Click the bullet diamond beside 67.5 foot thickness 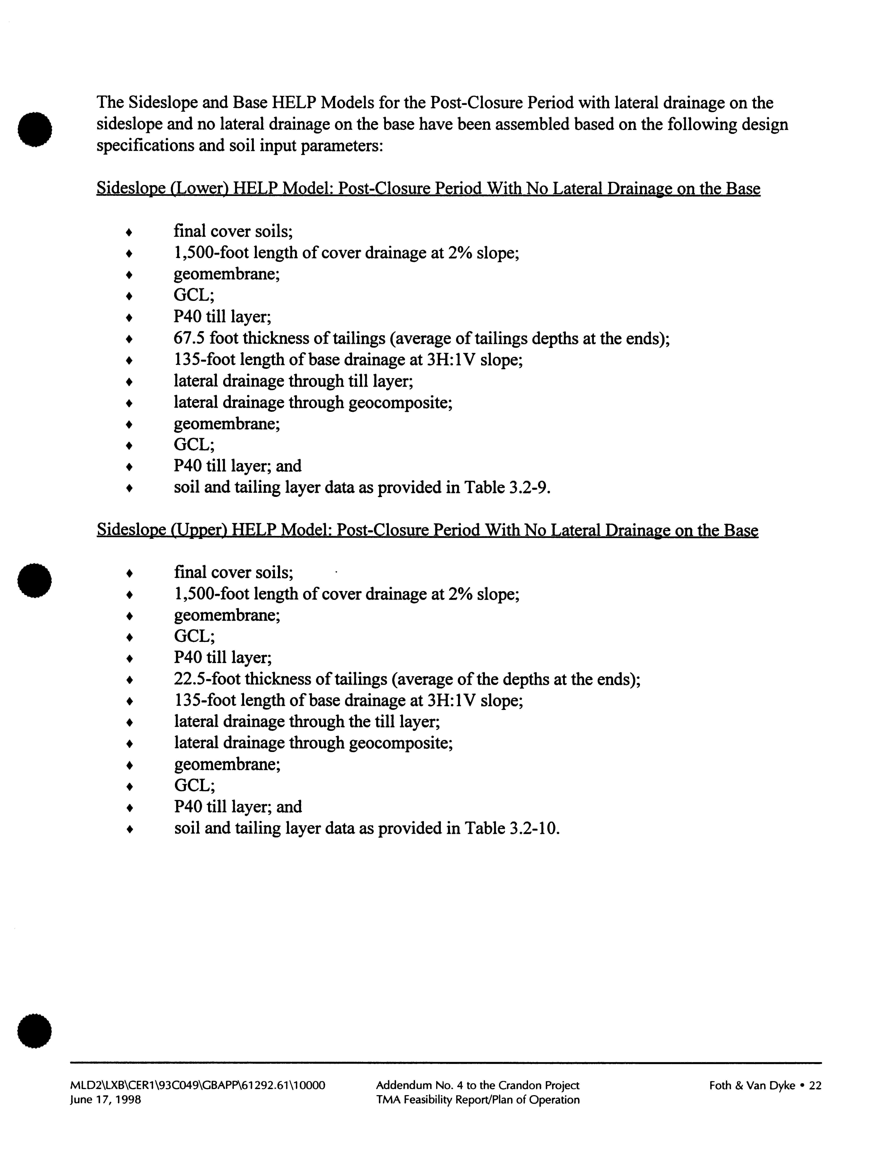[x=129, y=339]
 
